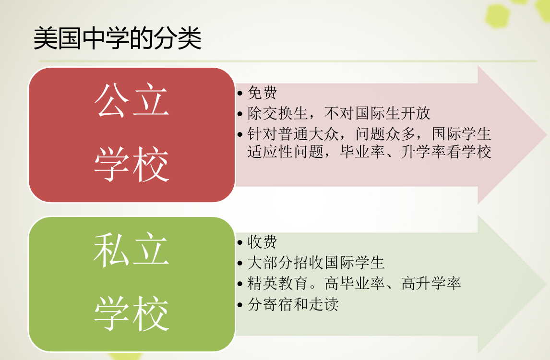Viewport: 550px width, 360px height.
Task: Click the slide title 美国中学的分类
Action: pyautogui.click(x=118, y=38)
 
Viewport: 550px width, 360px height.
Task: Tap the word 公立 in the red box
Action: pyautogui.click(x=132, y=100)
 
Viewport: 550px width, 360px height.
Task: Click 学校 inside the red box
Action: pyautogui.click(x=132, y=164)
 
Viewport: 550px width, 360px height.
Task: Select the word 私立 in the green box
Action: pyautogui.click(x=132, y=250)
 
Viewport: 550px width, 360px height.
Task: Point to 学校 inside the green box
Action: pyautogui.click(x=132, y=313)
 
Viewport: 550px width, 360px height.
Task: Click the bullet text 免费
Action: pyautogui.click(x=263, y=93)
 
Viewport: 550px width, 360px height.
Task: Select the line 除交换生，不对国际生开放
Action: pyautogui.click(x=339, y=113)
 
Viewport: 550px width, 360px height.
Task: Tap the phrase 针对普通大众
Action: pyautogui.click(x=293, y=134)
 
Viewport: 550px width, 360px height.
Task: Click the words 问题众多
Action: pyautogui.click(x=386, y=134)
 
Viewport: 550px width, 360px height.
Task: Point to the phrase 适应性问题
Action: pyautogui.click(x=286, y=152)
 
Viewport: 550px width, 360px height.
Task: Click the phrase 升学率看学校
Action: pyautogui.click(x=446, y=152)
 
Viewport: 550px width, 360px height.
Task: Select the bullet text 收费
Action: pyautogui.click(x=263, y=242)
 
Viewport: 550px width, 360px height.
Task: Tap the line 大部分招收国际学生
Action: pyautogui.click(x=316, y=263)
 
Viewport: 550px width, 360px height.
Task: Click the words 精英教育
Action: pyautogui.click(x=278, y=283)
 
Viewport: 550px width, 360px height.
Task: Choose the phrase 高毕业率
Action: pyautogui.click(x=355, y=283)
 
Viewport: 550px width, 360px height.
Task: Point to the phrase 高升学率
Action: pyautogui.click(x=431, y=283)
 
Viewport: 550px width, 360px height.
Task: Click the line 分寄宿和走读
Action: pyautogui.click(x=293, y=304)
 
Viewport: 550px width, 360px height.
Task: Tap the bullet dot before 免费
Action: pyautogui.click(x=240, y=93)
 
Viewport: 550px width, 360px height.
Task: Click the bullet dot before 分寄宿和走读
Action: pyautogui.click(x=240, y=305)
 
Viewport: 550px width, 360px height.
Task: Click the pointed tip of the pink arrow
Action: pyautogui.click(x=547, y=134)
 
